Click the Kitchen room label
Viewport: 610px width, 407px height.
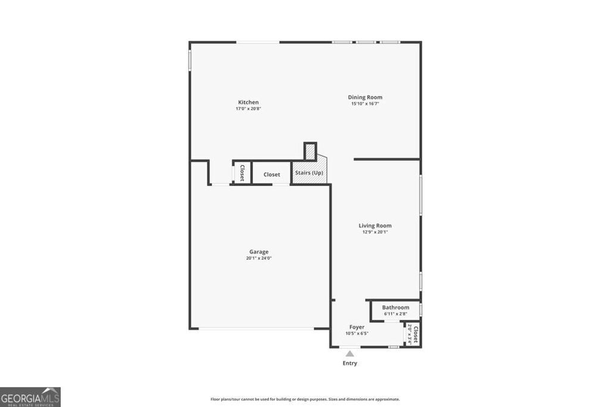[x=248, y=102]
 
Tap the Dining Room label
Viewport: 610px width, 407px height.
[x=365, y=97]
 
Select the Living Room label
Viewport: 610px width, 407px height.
[x=375, y=225]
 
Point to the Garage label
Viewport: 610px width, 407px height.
[x=259, y=251]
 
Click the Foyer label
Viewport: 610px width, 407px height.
[x=357, y=327]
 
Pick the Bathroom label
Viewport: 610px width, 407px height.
[x=396, y=307]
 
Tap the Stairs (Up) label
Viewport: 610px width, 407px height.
[x=309, y=173]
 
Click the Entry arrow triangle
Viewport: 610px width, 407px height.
[x=350, y=353]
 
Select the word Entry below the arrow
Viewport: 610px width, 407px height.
[x=350, y=363]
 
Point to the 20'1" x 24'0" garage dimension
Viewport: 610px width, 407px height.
[x=259, y=258]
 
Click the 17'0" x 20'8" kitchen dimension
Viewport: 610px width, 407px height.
[x=248, y=109]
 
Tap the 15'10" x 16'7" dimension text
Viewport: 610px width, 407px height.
[x=365, y=104]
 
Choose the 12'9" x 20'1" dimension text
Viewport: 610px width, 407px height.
[x=375, y=232]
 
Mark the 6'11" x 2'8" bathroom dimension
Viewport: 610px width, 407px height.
[x=396, y=313]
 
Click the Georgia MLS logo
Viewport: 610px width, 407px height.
[x=30, y=397]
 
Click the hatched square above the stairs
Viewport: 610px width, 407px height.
[x=310, y=151]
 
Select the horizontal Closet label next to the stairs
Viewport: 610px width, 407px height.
[x=272, y=175]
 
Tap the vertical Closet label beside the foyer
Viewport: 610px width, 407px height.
[x=416, y=335]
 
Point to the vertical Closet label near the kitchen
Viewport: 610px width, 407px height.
[x=242, y=173]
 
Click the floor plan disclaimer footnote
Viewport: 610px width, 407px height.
[x=305, y=399]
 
